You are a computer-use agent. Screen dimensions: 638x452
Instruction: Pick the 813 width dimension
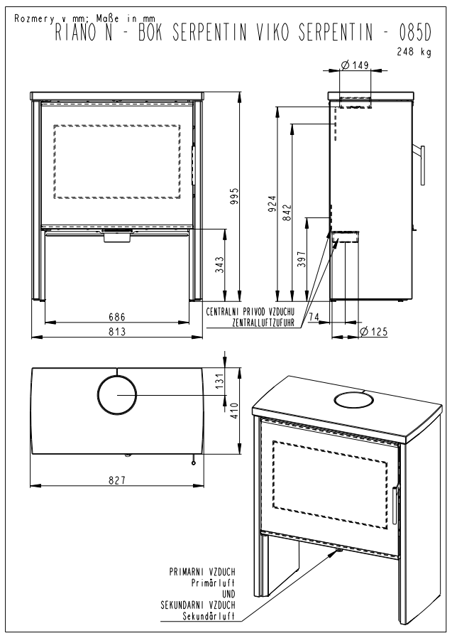118,331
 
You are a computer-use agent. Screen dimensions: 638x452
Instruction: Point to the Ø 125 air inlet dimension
373,331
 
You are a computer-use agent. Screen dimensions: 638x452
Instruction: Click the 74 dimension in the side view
314,315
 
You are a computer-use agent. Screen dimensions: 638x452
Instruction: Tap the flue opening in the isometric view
352,401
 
